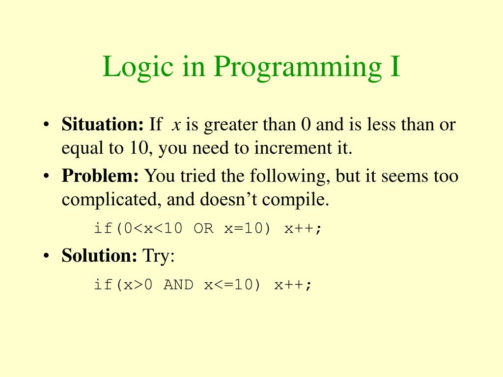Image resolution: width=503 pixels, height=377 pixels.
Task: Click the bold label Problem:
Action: [x=100, y=176]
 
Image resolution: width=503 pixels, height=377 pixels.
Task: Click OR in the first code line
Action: [x=204, y=229]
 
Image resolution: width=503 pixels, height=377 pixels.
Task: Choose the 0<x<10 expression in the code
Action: [x=153, y=229]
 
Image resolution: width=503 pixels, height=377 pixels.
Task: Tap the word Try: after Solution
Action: [x=158, y=256]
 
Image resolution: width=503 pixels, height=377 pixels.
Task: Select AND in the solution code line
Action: [x=178, y=285]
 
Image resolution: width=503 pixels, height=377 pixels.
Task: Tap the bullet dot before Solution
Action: [x=46, y=256]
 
